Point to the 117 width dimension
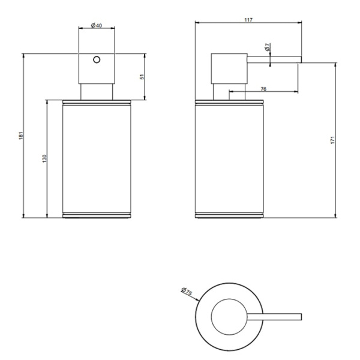pyautogui.click(x=248, y=20)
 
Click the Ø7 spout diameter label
pyautogui.click(x=267, y=46)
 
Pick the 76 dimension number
pyautogui.click(x=263, y=89)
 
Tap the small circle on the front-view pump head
pyautogui.click(x=96, y=61)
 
